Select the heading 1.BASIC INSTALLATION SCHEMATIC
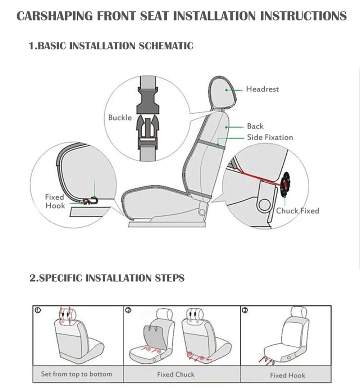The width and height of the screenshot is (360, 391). point(111,46)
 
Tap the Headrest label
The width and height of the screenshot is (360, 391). point(262,89)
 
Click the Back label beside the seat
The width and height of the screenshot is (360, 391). point(255,126)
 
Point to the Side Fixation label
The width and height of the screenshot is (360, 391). point(270,137)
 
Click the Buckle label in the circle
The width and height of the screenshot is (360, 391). point(120,118)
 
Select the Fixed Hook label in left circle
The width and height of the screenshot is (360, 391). point(55,201)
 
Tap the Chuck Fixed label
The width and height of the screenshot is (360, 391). point(297,211)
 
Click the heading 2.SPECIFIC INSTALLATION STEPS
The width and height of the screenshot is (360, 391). point(107,278)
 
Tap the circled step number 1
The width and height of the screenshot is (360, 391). point(38,310)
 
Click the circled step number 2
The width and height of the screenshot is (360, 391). point(128,310)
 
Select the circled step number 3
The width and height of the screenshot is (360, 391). point(245,310)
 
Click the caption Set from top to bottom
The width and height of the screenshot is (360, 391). point(76,374)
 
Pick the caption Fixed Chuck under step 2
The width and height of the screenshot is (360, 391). point(176,374)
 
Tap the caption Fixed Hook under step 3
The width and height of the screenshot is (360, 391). point(287,375)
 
